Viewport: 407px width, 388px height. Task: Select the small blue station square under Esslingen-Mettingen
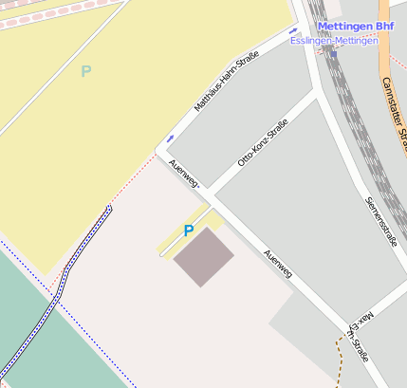(x=334, y=53)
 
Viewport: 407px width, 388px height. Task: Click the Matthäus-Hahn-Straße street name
(x=227, y=83)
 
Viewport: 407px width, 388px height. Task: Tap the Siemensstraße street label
(x=380, y=221)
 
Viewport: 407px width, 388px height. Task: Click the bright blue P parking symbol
(x=188, y=231)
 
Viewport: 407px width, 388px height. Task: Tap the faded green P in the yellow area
(x=85, y=71)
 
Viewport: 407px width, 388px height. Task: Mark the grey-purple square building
(x=203, y=256)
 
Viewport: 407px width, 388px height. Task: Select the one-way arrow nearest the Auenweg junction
(x=170, y=139)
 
